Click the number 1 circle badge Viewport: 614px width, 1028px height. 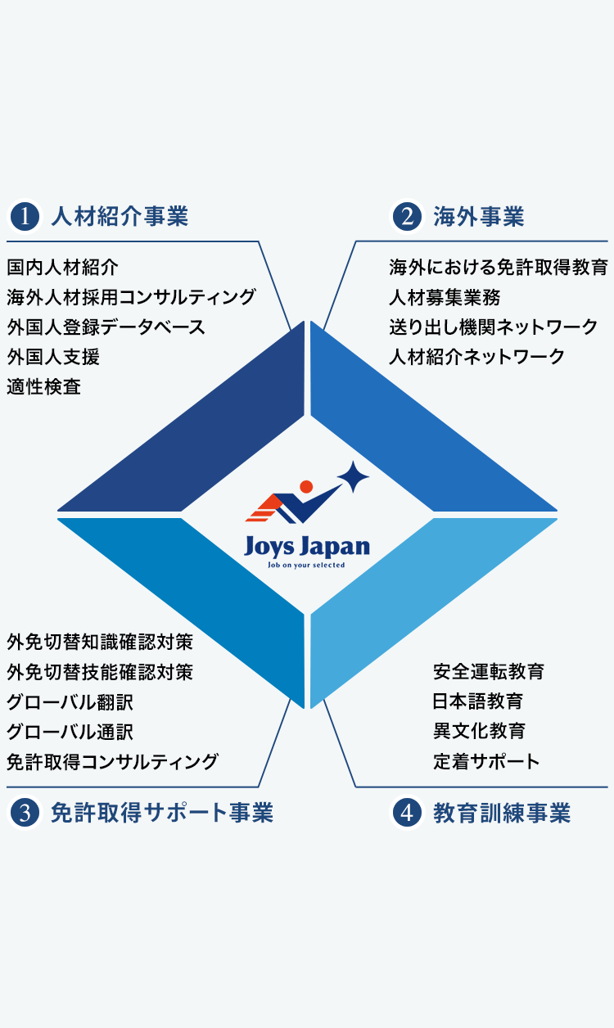[25, 217]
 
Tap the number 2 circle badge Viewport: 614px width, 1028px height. [407, 217]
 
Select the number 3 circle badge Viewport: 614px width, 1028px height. [25, 813]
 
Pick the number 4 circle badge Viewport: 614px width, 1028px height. [407, 813]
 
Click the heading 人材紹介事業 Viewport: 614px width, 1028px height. [120, 217]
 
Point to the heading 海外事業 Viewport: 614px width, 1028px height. [479, 217]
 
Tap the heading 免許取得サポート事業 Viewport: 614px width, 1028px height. [161, 813]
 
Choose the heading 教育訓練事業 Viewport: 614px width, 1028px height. [502, 813]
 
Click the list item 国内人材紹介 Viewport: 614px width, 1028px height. [63, 267]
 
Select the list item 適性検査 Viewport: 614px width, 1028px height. [44, 386]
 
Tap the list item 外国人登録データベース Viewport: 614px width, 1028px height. [106, 327]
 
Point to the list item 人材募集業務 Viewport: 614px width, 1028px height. [445, 297]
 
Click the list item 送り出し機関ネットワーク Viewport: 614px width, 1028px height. [493, 327]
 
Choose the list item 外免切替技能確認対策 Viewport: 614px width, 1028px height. [100, 673]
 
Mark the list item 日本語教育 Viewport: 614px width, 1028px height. [478, 701]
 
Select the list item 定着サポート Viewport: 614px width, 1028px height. [486, 762]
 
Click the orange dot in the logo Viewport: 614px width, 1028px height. [306, 486]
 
